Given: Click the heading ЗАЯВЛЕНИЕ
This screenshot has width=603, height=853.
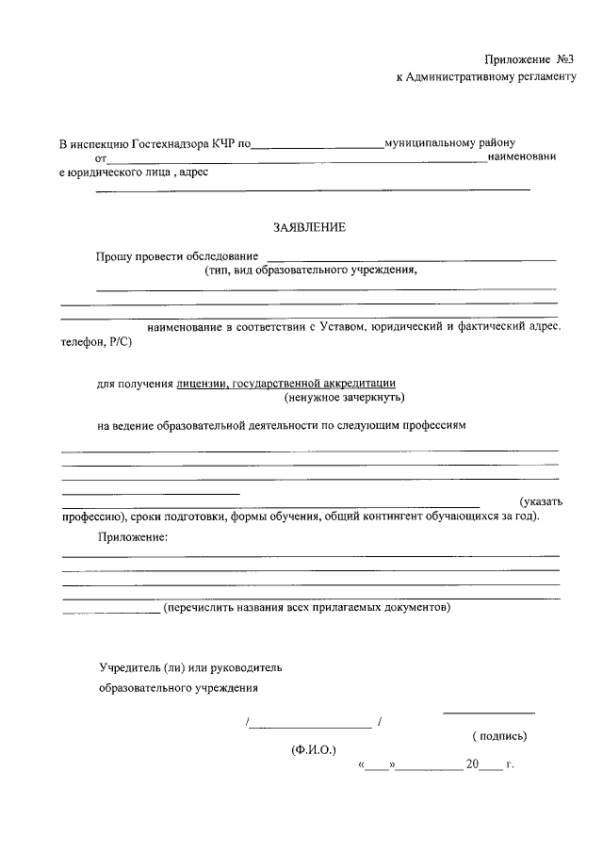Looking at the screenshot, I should [x=310, y=226].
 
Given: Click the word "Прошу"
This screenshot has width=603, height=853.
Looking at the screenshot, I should [x=113, y=256].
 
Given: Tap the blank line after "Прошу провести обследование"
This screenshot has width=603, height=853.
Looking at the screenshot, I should [x=411, y=258].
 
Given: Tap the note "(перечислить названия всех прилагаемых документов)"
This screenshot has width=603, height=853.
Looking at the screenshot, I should [x=307, y=608].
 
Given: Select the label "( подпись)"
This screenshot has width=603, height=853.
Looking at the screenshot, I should [x=499, y=736].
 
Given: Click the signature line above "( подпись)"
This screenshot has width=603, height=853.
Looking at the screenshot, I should [x=489, y=714].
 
